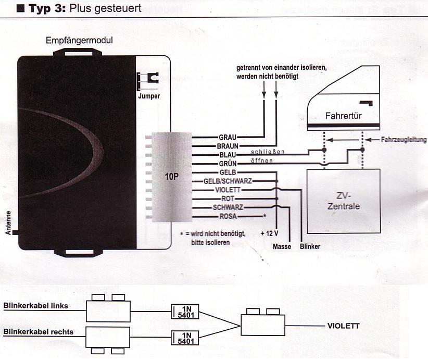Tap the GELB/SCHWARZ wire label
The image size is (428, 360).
click(221, 181)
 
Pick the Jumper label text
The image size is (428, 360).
click(149, 96)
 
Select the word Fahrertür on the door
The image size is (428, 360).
click(344, 116)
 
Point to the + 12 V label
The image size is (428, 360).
click(270, 233)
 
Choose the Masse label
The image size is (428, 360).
click(282, 246)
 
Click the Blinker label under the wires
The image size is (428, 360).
click(310, 246)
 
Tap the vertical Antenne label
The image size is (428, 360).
click(9, 222)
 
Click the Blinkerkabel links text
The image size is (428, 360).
click(35, 306)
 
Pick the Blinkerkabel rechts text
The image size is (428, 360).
click(38, 332)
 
